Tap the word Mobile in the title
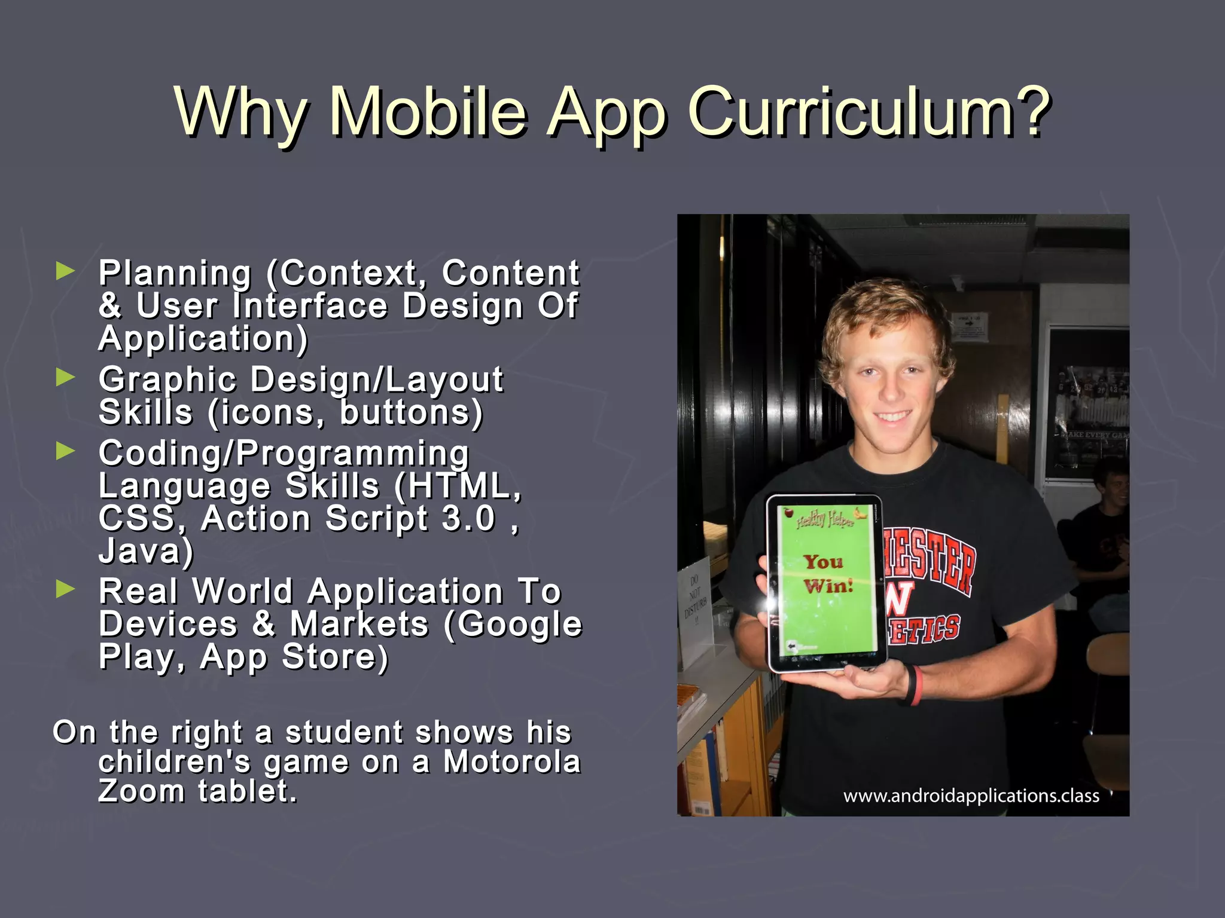coord(428,112)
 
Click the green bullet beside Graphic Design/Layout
coord(65,377)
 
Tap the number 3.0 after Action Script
coord(468,518)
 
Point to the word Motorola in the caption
coord(512,761)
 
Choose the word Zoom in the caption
coord(142,791)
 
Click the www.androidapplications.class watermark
coord(971,796)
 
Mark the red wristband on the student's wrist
coord(914,685)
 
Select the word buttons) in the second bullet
coord(411,412)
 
